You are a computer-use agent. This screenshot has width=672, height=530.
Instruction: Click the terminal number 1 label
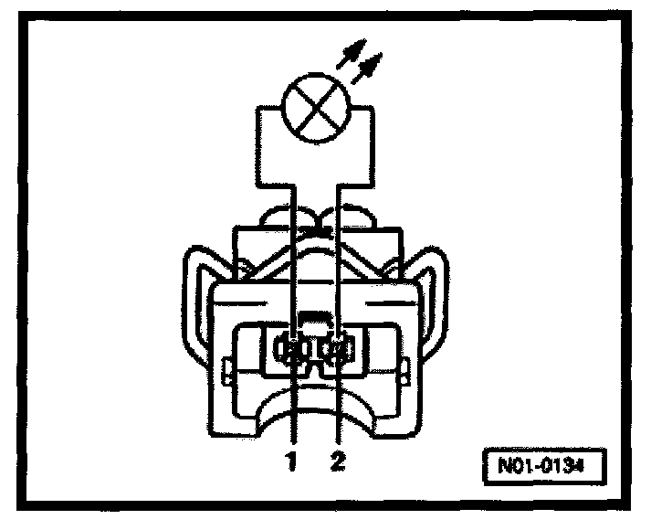coord(291,462)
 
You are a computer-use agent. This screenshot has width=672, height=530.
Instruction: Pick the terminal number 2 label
coord(339,462)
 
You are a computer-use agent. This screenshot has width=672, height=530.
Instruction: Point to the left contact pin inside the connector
coord(291,349)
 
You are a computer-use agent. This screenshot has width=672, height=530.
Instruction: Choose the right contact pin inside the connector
coord(339,349)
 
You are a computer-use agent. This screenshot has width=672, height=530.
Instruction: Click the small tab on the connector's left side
coord(226,372)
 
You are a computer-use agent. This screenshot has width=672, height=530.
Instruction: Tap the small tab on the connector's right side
coord(404,372)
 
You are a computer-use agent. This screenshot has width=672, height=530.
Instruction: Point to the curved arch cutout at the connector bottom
coord(315,402)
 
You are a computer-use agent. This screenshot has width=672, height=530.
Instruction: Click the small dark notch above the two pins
coord(315,320)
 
